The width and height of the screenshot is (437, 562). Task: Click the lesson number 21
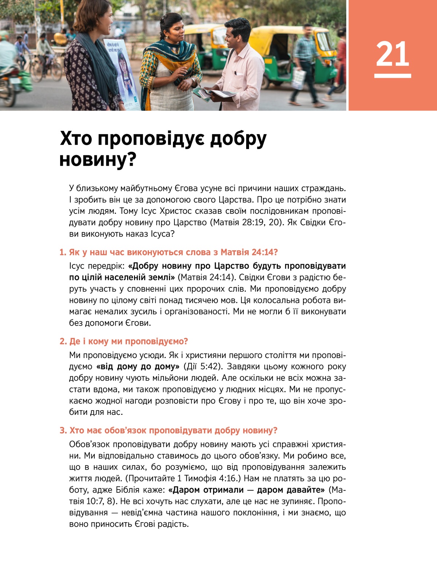point(392,54)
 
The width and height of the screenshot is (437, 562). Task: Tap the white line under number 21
point(392,76)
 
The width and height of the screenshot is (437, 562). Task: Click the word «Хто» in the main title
point(76,138)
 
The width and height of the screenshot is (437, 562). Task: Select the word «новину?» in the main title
point(98,160)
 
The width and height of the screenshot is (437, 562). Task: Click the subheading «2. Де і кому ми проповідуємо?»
point(124,341)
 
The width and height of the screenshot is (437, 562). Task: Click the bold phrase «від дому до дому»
point(138,366)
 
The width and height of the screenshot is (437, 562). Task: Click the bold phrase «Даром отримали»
point(206,490)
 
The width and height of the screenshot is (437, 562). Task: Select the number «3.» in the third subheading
point(63,431)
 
